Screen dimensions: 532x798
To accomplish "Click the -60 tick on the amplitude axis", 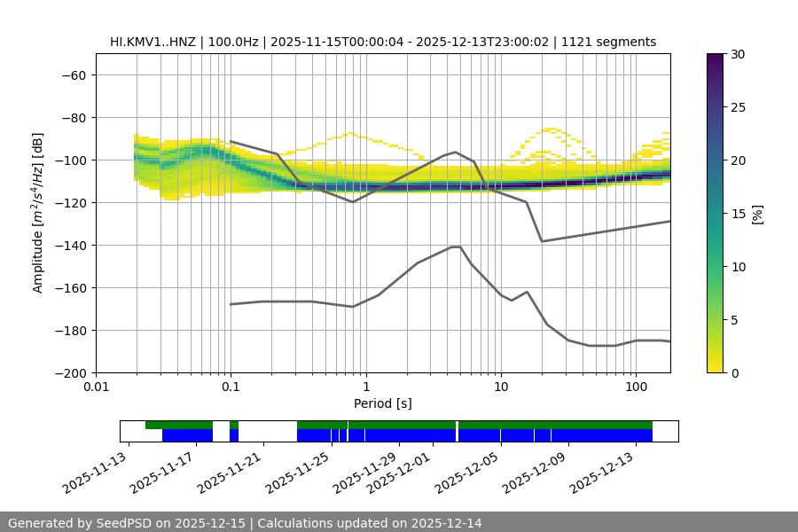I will (x=73, y=74).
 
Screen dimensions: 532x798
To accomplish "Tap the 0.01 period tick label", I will (x=96, y=387).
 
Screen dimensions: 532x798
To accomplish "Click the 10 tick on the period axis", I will (x=501, y=387).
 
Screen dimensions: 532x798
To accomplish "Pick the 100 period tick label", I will (x=636, y=387).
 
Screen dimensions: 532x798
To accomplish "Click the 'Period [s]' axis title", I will (x=382, y=403).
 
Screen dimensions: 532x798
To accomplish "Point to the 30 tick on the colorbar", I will (x=738, y=54).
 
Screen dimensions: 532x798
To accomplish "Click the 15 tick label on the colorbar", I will (x=738, y=214).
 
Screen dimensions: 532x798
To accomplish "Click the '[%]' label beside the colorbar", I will (x=757, y=214).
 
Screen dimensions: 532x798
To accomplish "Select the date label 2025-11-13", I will (x=96, y=473).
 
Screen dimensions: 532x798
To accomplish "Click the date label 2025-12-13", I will (x=604, y=473).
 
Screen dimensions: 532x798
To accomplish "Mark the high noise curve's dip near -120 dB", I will (x=353, y=201).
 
